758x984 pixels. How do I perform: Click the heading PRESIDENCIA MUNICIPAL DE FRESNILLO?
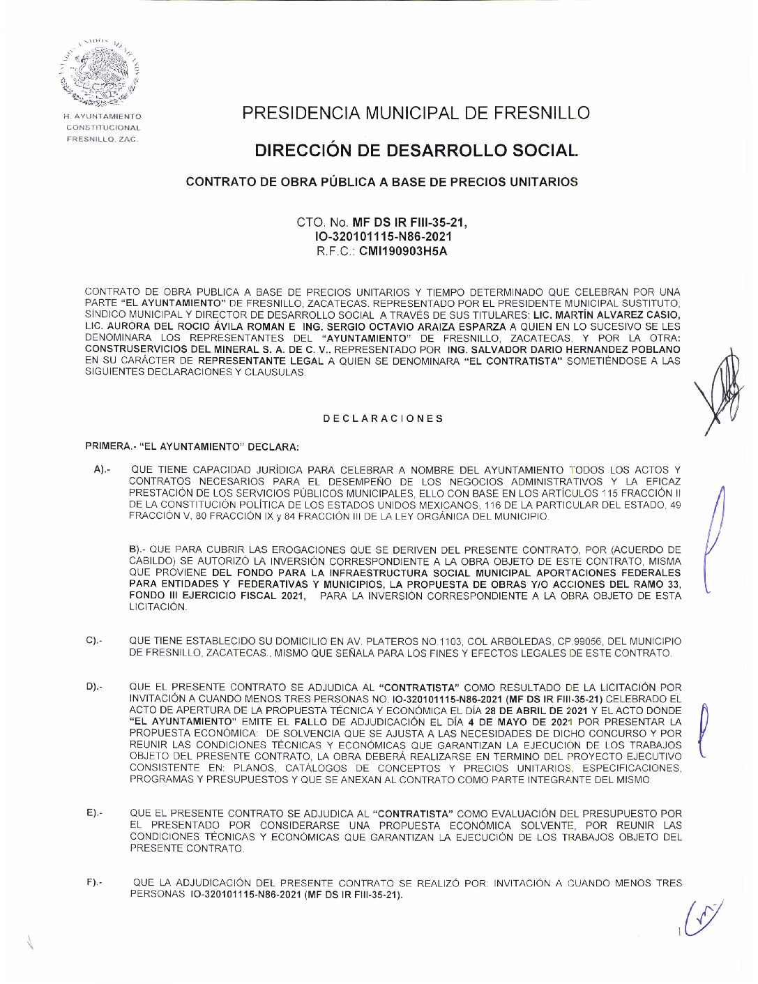pos(416,113)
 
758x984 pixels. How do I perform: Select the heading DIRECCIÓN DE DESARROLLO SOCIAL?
pos(416,151)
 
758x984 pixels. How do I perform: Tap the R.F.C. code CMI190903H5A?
pos(403,252)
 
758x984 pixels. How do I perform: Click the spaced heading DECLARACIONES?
pos(383,418)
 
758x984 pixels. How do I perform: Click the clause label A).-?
pos(102,470)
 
